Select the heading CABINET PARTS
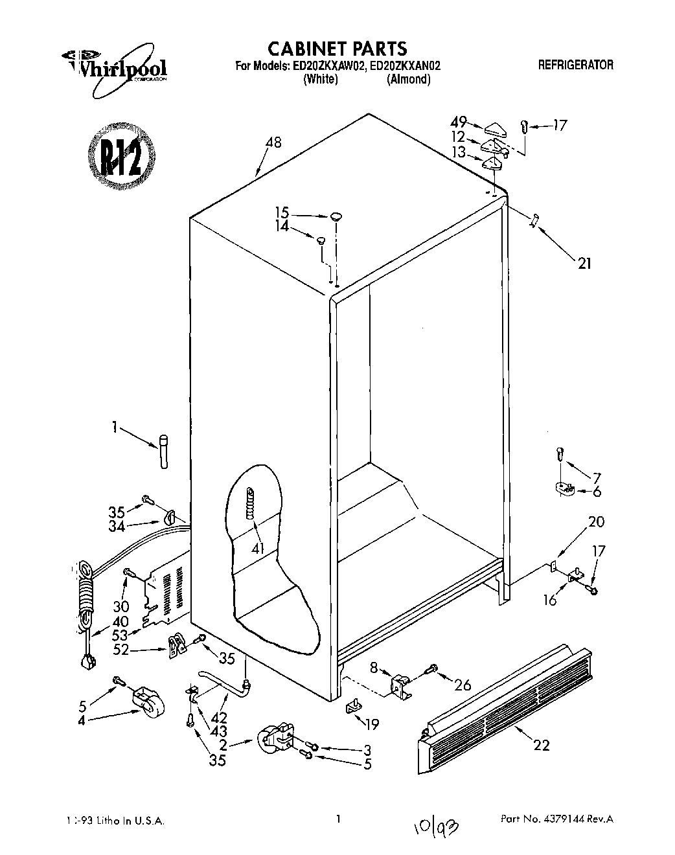coord(337,48)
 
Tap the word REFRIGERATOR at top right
coord(575,65)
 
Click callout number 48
coord(273,142)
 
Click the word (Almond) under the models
coord(408,79)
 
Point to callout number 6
coord(597,492)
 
